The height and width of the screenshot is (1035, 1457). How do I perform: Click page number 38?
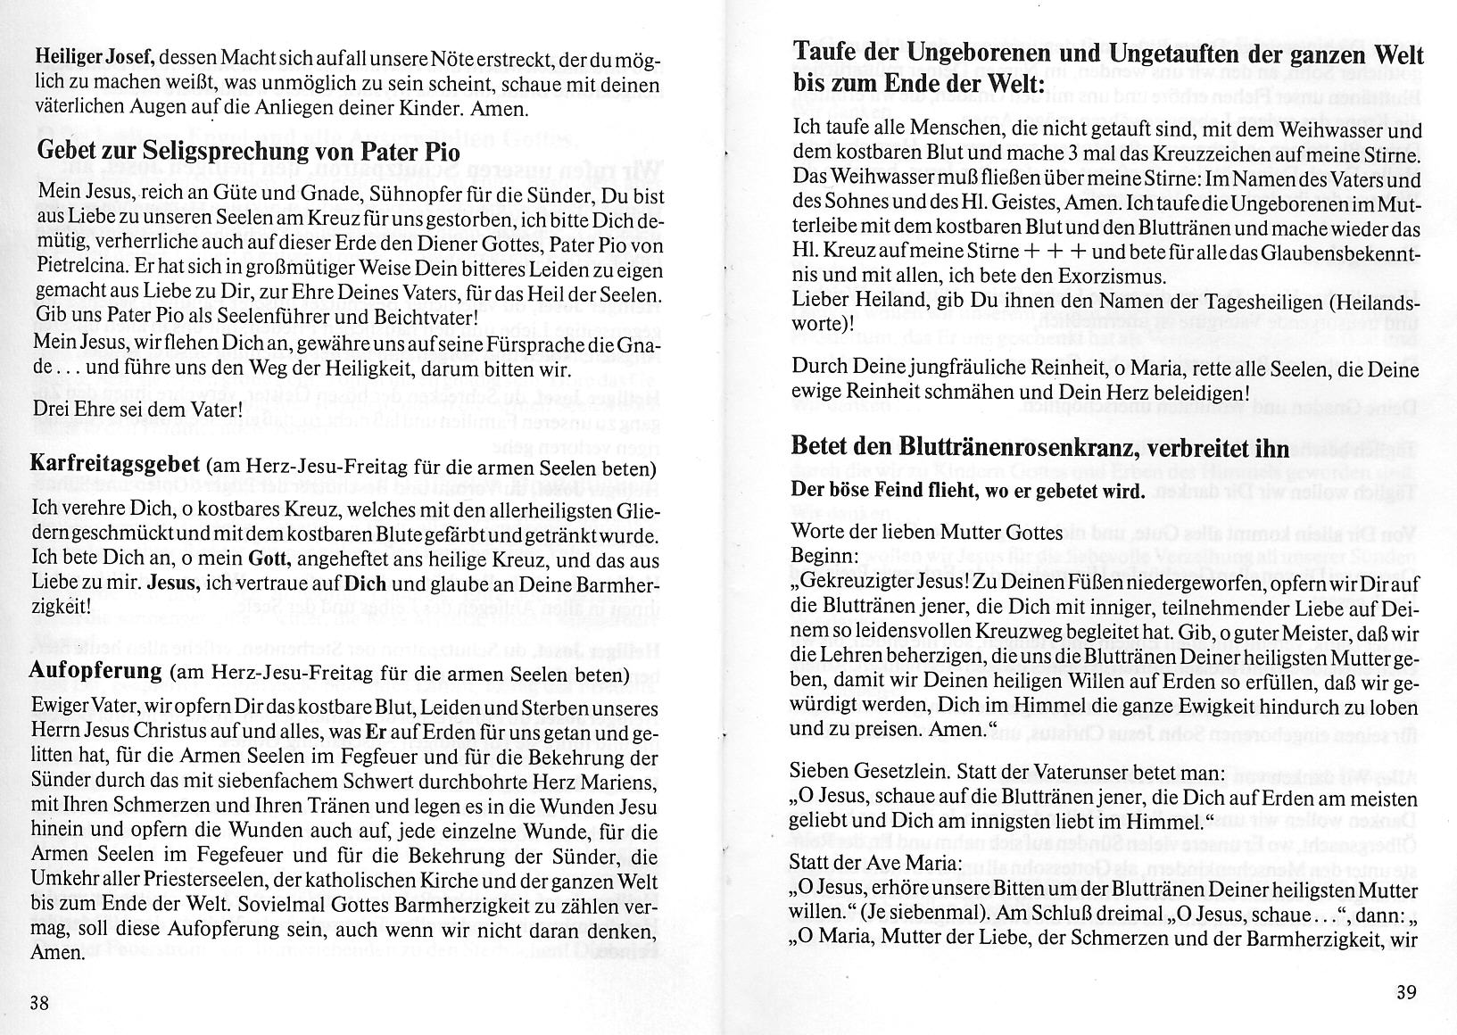pos(39,1002)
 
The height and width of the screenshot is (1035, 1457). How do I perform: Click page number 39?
pos(1406,991)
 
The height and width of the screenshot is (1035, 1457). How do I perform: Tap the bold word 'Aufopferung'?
pos(96,671)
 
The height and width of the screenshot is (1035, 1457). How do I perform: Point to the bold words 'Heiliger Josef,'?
pos(96,56)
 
